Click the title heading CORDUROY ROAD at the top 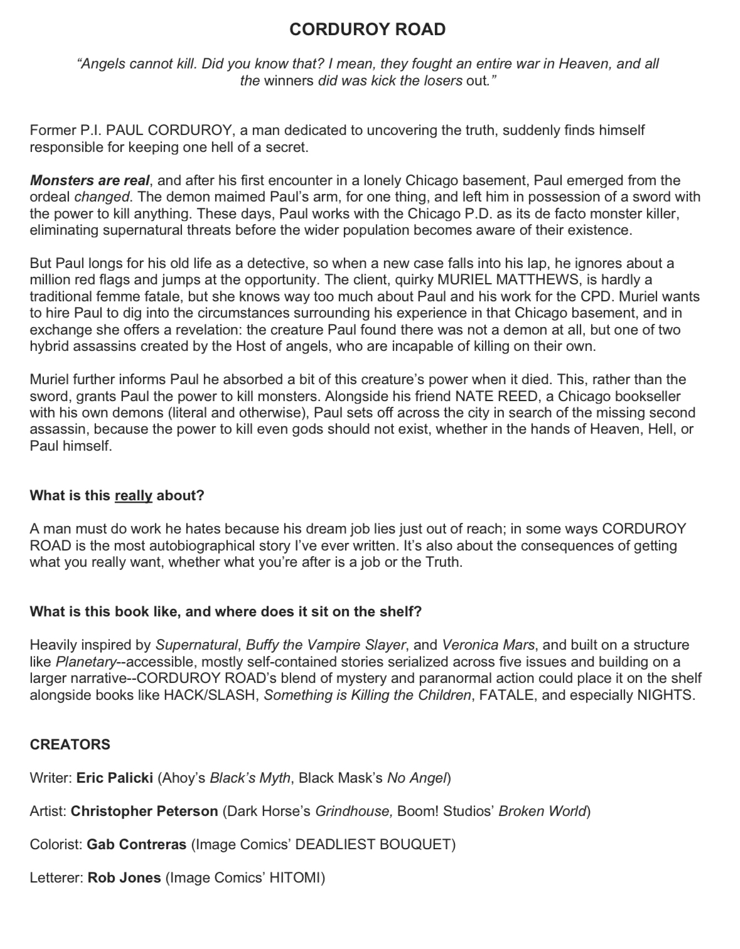click(x=367, y=29)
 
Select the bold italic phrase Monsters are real click(x=90, y=181)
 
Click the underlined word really click(x=134, y=496)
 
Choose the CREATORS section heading click(x=70, y=744)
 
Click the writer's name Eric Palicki click(x=115, y=778)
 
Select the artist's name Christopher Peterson click(x=144, y=812)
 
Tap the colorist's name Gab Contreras click(x=137, y=845)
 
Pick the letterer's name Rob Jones click(x=124, y=878)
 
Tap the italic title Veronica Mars click(x=488, y=645)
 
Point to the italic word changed click(x=102, y=197)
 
